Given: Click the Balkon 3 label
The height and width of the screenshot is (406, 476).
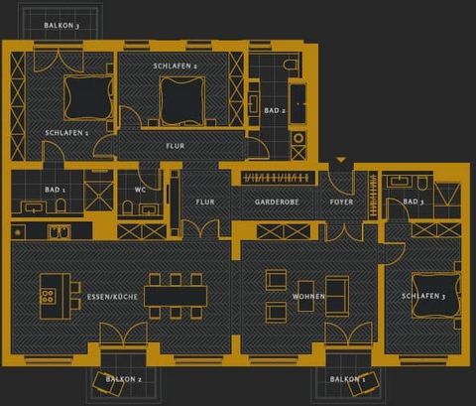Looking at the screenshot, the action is pos(61,26).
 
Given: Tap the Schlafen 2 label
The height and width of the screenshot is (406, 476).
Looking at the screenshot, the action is pos(176,67).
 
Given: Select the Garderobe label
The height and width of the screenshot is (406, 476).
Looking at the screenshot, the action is pos(277,202).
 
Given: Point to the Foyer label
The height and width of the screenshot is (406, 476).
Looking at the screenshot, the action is pos(341,202).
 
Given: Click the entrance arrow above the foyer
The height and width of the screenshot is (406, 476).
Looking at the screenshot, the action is pos(341,160).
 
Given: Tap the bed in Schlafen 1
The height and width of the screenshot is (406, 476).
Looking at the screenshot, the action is pos(88,97).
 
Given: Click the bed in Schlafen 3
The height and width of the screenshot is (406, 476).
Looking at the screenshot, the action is pos(436,294).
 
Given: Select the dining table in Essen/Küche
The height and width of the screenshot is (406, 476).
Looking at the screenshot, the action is pos(176,296).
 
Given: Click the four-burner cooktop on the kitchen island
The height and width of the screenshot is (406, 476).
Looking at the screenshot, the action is pos(48,296).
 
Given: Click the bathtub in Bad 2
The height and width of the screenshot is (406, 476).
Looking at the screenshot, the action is pos(297,103).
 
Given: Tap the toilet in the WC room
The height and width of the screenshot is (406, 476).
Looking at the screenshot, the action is pos(127,207).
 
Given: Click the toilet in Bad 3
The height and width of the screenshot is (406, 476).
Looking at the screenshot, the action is pos(422,183).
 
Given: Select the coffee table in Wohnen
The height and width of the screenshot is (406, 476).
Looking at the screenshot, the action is pos(306,296).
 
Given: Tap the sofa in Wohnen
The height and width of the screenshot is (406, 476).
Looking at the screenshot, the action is pos(337,296).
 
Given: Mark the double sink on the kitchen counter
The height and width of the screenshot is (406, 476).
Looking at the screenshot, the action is pos(59,232).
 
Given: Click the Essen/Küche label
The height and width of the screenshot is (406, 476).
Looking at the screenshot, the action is pos(112,297).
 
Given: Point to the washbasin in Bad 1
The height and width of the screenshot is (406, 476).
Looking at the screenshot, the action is pos(33,207).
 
